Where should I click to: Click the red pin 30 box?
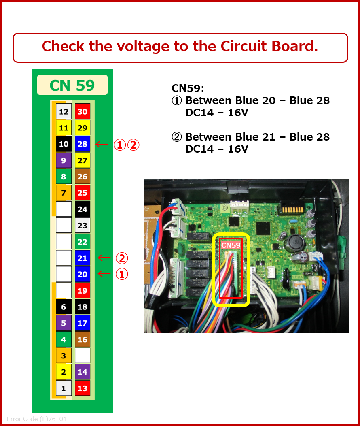point(83,112)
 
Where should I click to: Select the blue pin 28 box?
point(83,144)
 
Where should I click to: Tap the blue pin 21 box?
point(83,258)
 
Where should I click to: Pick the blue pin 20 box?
point(83,274)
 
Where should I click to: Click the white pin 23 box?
point(83,226)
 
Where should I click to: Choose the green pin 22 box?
point(83,242)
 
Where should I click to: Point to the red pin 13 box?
point(83,388)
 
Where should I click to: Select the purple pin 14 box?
point(83,372)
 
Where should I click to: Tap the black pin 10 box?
point(64,144)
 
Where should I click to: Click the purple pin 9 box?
point(64,160)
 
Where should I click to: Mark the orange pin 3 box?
point(64,356)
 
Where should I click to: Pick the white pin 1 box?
point(64,388)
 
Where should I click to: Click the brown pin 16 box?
point(83,339)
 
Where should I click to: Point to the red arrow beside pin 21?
point(104,258)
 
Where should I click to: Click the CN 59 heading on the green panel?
point(72,85)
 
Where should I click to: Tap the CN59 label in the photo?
point(231,245)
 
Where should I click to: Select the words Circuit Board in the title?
point(269,47)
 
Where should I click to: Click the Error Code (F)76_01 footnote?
point(36,419)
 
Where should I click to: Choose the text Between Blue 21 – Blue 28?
point(257,137)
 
